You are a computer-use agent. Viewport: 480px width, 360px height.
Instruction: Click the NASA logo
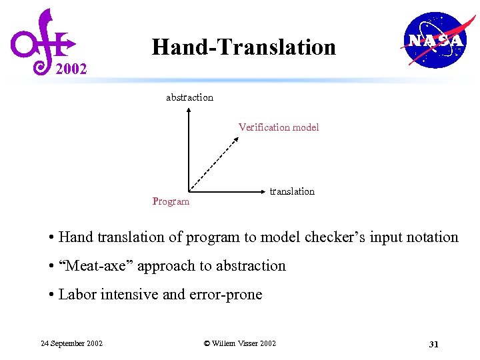434,40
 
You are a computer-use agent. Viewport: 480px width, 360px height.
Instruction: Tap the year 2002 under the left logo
71,69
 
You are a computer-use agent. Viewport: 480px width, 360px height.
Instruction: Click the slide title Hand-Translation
243,47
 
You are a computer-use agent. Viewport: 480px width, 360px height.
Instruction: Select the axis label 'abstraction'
189,97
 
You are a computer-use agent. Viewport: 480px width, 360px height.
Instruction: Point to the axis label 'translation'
291,191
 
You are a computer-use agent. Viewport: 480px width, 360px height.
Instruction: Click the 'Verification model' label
279,127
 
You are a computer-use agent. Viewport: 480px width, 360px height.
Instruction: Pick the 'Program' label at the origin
171,201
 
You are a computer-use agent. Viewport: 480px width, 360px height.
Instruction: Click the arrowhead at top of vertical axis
189,114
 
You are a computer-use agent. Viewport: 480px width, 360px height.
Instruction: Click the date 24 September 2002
71,343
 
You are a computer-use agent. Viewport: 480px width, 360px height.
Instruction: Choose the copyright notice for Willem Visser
239,343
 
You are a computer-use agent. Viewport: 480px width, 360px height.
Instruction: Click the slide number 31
433,344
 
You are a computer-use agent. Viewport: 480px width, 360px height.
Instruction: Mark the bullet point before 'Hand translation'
51,237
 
